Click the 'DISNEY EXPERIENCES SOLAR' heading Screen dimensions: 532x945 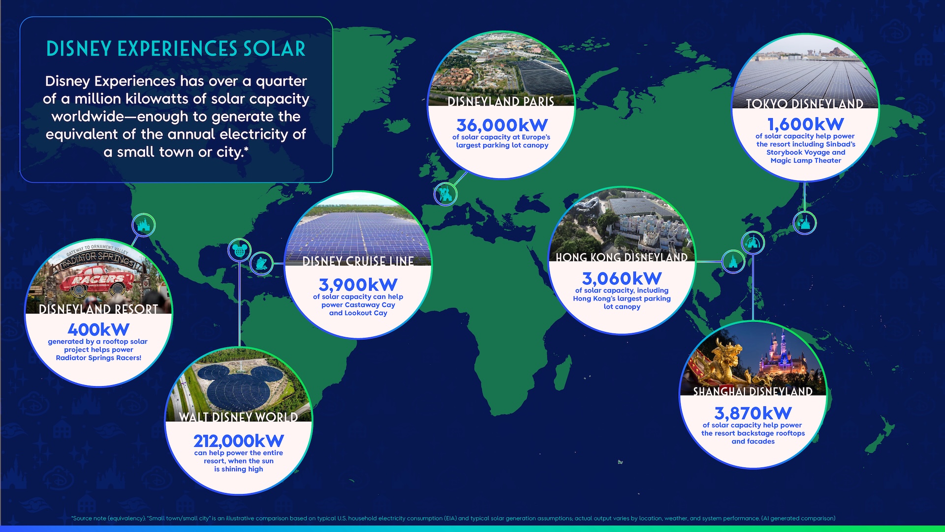tap(176, 49)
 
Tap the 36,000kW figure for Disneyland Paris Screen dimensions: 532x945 tap(502, 125)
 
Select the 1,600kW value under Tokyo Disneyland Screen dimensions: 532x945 tap(805, 124)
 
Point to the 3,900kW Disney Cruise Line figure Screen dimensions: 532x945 tap(358, 285)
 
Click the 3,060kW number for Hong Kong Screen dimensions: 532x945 tap(622, 278)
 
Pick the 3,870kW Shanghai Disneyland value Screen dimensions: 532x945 tap(753, 413)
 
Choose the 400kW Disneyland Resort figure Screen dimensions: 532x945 tap(98, 329)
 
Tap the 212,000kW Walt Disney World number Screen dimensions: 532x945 tap(238, 440)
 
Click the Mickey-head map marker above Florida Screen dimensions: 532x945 tap(240, 250)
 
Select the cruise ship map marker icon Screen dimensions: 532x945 tap(261, 263)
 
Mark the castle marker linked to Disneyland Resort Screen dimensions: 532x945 tap(144, 226)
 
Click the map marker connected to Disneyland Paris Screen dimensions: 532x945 tap(445, 194)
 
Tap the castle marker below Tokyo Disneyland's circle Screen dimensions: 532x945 tap(804, 223)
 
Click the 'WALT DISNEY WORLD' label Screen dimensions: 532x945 tap(238, 417)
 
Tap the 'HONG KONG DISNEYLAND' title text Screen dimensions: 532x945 tap(622, 257)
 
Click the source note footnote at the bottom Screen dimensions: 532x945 tap(453, 518)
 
